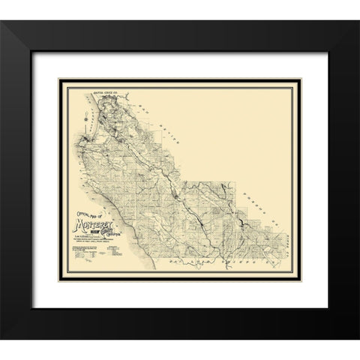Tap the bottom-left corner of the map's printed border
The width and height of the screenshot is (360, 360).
pos(65,270)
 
